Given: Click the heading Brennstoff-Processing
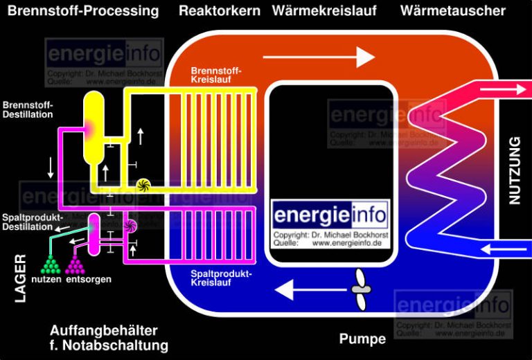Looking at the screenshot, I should click(x=83, y=11).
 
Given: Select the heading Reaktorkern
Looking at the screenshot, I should click(x=220, y=11).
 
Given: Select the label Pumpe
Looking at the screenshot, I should click(x=362, y=339).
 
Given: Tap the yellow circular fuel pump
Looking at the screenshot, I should click(x=143, y=184).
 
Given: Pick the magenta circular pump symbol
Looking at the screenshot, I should click(x=130, y=225).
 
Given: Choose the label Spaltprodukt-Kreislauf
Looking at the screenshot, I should click(x=221, y=278).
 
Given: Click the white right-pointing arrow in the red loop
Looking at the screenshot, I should click(x=319, y=57).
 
